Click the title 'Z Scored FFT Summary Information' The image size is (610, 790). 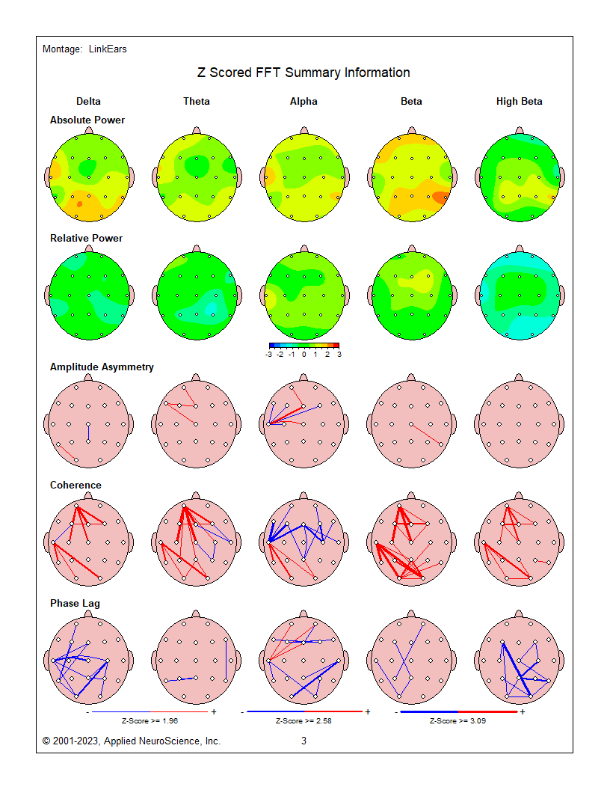[x=304, y=73]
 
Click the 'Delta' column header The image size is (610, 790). [x=88, y=102]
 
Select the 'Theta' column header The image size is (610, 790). [x=197, y=102]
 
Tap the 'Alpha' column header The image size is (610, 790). [x=304, y=102]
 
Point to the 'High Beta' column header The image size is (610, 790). [x=519, y=102]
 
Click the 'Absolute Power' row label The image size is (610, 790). [x=87, y=120]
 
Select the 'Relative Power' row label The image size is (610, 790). [x=86, y=238]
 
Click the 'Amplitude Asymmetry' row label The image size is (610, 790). [x=102, y=367]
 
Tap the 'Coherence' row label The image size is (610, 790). [x=76, y=485]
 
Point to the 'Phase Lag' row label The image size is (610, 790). [x=75, y=603]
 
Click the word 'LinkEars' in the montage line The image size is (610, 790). [x=108, y=49]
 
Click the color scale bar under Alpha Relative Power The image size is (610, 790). [x=304, y=346]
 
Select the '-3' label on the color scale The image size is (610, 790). [x=269, y=355]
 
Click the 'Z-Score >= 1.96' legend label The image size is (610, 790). [x=150, y=721]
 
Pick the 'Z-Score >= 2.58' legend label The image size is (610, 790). [x=304, y=721]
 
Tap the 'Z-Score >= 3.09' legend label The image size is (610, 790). [x=457, y=721]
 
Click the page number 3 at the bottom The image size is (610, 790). [x=304, y=741]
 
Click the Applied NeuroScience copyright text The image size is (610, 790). [x=132, y=741]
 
